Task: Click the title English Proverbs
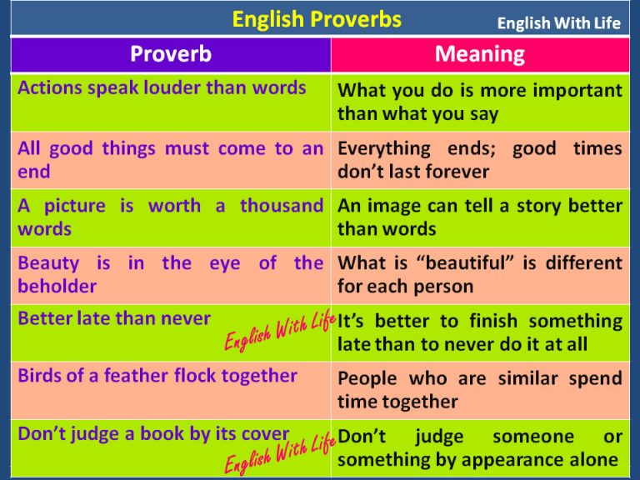pos(317,19)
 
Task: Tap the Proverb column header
pos(170,55)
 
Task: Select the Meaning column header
pos(480,55)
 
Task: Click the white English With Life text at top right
pos(558,22)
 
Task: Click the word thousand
pos(282,206)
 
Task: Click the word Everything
pos(387,148)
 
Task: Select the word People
pos(367,378)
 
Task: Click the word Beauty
pos(48,263)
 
